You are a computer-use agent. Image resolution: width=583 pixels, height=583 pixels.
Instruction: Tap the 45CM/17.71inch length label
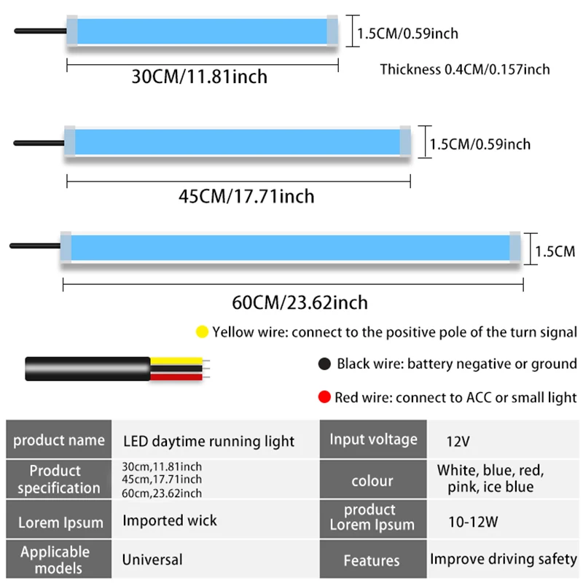pos(246,196)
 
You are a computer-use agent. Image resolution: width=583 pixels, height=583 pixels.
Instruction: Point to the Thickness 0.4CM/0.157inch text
pos(465,69)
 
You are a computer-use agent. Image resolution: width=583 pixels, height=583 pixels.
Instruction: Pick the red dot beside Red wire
pos(324,397)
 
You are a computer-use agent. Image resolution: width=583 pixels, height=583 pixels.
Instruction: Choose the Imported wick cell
pos(170,520)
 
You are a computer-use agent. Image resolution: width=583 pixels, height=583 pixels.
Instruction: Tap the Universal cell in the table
pos(152,560)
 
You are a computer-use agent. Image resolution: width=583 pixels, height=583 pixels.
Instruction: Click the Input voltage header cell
pos(373,439)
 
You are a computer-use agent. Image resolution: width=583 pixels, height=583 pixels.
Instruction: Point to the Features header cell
pos(372,560)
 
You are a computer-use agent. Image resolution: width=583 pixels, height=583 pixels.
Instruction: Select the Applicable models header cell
pos(55,559)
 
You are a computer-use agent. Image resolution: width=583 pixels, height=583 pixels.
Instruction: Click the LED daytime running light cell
pos(208,441)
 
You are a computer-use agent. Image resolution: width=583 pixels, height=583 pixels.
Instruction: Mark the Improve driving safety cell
pos(504,560)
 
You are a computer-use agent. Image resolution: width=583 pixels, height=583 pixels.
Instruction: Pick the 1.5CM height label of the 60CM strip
pos(555,251)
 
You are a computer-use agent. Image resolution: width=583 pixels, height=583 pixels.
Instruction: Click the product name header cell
pos(59,440)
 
